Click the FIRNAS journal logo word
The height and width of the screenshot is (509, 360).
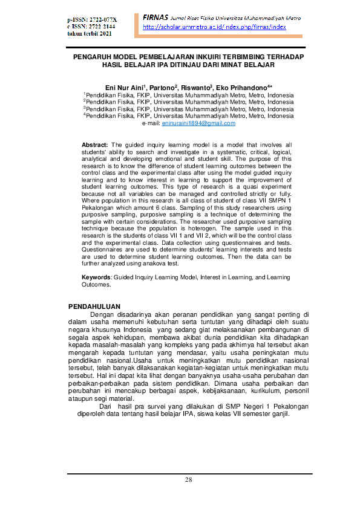click(x=155, y=17)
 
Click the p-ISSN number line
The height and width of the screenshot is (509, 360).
click(x=92, y=20)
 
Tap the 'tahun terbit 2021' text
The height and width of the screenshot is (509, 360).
click(x=90, y=33)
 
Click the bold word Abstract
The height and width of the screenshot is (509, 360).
click(x=95, y=145)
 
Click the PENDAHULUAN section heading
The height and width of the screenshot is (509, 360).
click(x=94, y=306)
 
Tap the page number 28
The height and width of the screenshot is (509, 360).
click(x=189, y=480)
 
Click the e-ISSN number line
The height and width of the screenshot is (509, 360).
click(x=92, y=27)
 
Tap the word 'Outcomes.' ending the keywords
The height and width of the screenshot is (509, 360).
click(x=96, y=284)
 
